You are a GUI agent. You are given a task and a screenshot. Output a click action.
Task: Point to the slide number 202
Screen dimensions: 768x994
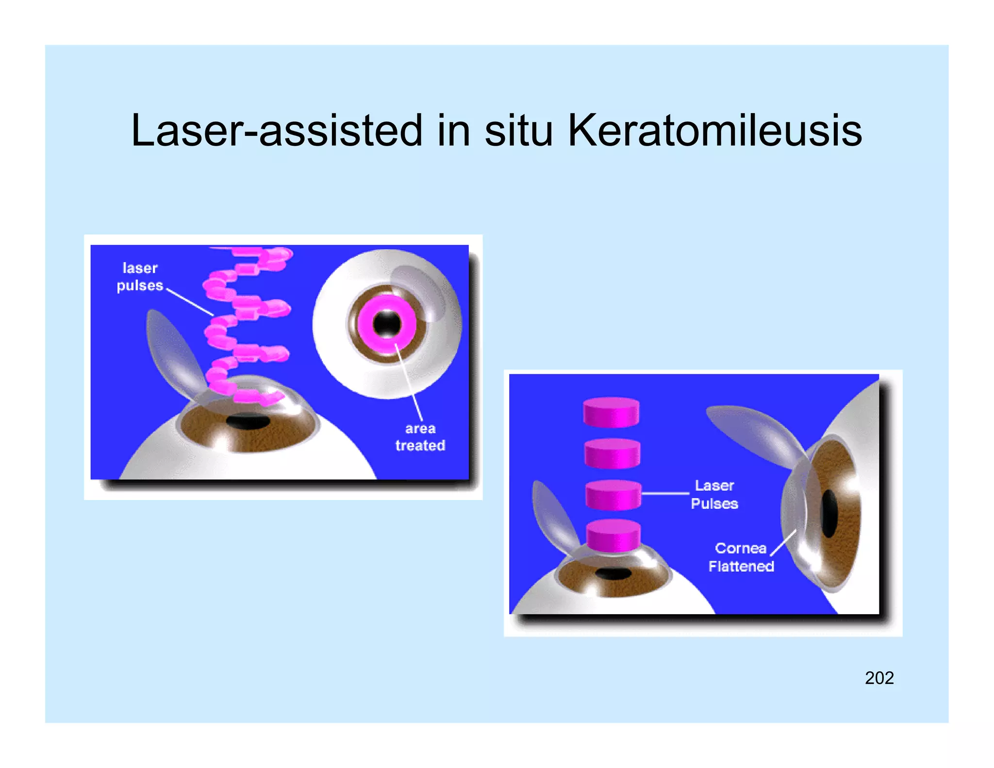click(879, 678)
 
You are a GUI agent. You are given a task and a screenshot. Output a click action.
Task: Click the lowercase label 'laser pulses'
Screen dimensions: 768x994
click(140, 277)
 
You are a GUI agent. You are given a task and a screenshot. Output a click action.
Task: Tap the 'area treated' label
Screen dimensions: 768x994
click(420, 437)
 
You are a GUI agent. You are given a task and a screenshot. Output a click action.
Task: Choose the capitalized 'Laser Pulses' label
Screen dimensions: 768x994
click(714, 494)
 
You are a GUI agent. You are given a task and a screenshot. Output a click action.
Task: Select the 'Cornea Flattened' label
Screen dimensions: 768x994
click(741, 557)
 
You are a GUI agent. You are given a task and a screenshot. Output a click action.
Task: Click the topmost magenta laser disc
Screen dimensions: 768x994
click(611, 412)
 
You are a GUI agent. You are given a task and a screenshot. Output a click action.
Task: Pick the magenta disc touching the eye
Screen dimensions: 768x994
click(613, 535)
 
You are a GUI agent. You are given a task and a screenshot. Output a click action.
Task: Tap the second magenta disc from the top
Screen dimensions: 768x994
click(612, 453)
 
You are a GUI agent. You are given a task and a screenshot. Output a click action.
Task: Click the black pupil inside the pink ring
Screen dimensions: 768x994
click(387, 324)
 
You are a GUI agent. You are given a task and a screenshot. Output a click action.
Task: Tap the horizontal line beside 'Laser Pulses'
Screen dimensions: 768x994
click(665, 494)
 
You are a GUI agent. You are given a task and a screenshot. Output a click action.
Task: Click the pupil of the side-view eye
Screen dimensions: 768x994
click(829, 514)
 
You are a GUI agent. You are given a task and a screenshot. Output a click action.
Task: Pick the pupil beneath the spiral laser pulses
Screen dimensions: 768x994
click(248, 422)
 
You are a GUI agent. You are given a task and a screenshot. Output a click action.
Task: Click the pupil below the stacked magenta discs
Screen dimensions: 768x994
click(613, 574)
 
